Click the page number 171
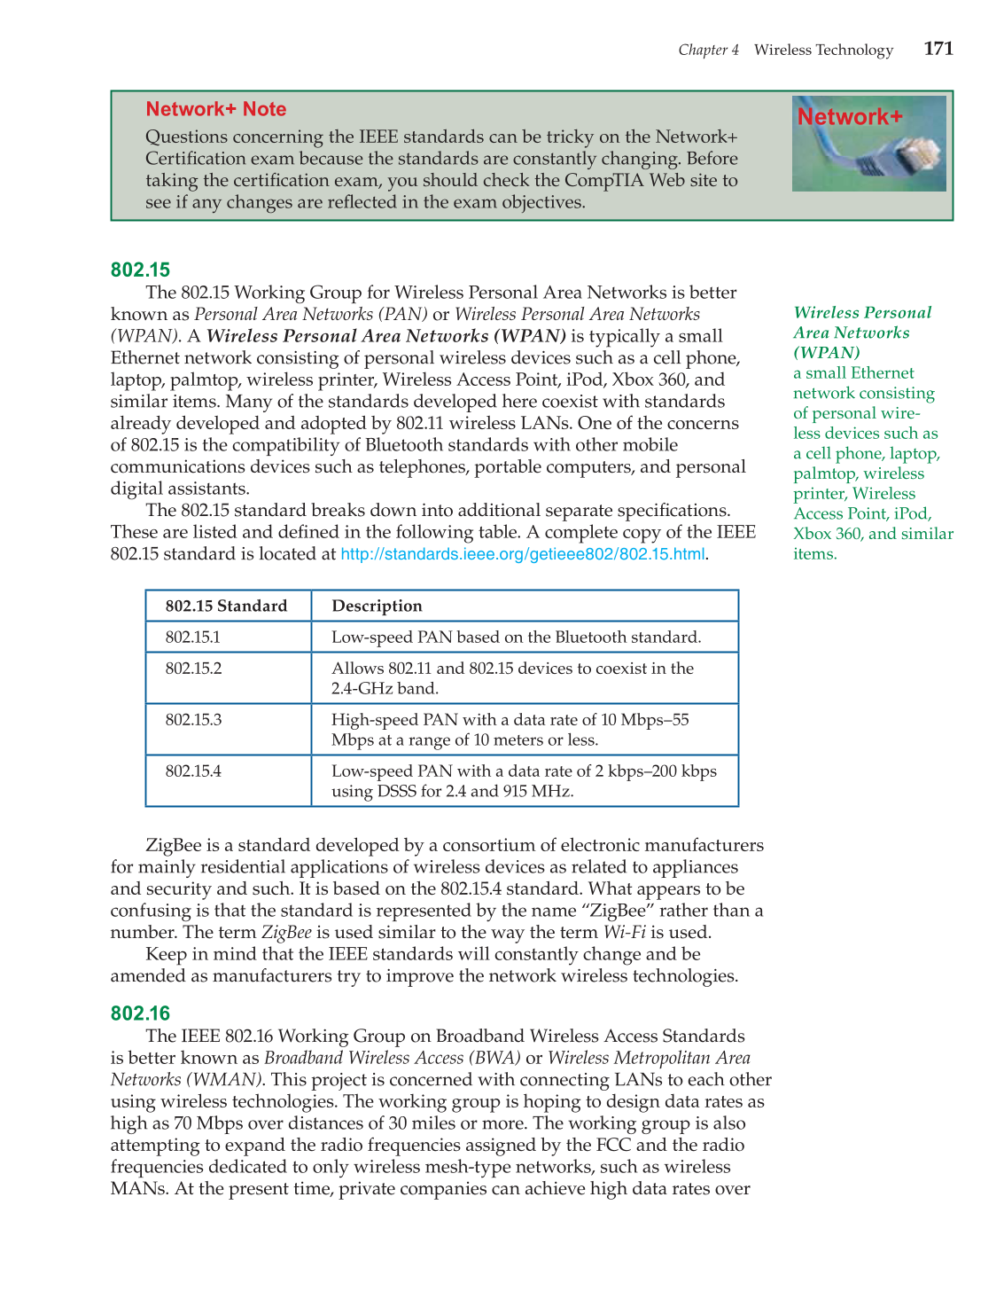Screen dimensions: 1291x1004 tap(938, 49)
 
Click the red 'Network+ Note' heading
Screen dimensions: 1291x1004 tap(215, 109)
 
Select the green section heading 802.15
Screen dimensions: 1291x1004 tap(140, 270)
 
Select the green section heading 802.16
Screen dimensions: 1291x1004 tap(140, 1013)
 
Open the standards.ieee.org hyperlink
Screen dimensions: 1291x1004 tap(522, 554)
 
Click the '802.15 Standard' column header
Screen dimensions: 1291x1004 tap(226, 606)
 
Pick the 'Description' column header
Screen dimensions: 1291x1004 tap(377, 606)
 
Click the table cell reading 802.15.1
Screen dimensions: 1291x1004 tap(192, 637)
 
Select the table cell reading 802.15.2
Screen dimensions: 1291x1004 tap(193, 668)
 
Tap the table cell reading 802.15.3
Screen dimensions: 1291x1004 tap(193, 719)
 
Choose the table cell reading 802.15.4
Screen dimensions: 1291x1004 tap(193, 771)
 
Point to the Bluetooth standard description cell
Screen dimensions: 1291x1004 tap(516, 637)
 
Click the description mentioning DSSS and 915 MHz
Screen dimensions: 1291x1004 tap(523, 780)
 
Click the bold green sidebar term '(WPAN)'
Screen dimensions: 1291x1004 tap(826, 353)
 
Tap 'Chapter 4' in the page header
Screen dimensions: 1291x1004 tap(708, 50)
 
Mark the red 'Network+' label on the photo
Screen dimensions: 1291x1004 tap(849, 117)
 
